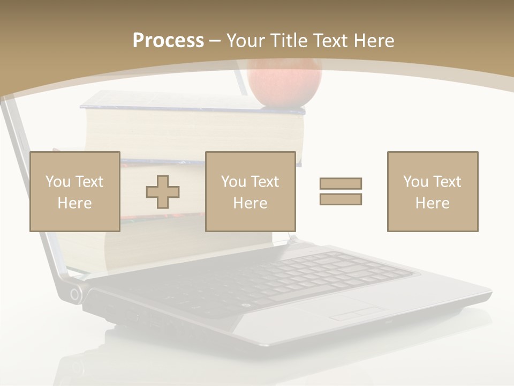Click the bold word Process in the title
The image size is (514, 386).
tap(168, 41)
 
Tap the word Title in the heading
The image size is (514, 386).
tap(289, 41)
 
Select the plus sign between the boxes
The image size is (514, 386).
tap(163, 191)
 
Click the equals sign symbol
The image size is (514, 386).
tap(341, 191)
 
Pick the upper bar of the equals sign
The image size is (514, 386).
tap(341, 183)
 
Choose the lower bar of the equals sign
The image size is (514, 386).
tap(341, 199)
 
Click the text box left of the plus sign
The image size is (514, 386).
tap(75, 191)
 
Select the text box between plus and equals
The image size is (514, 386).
tap(251, 191)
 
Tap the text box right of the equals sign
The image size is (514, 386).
tap(433, 191)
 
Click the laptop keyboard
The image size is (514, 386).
tap(300, 276)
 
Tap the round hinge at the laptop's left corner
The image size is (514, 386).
tap(75, 294)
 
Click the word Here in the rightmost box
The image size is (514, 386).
tap(433, 203)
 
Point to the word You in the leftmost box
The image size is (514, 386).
tap(58, 182)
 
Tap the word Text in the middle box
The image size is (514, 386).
tap(264, 182)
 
